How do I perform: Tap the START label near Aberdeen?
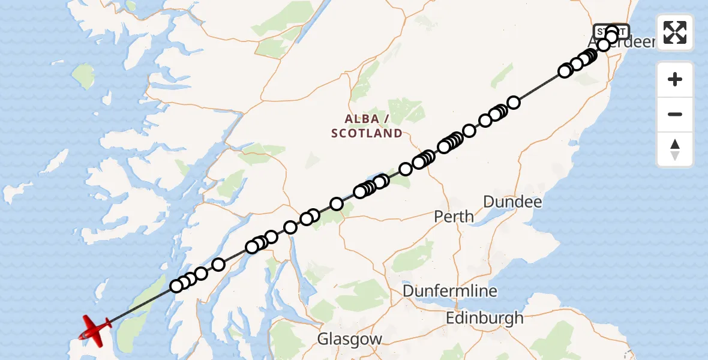(611, 31)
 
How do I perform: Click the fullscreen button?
(675, 32)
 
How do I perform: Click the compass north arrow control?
(675, 149)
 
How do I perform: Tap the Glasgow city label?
(350, 338)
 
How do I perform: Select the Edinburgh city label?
(484, 318)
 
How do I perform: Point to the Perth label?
(454, 216)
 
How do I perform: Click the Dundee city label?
(512, 202)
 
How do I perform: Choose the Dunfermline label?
(450, 291)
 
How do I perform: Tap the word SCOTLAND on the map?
(367, 133)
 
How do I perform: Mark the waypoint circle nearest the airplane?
(176, 286)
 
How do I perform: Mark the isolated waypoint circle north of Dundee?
(513, 103)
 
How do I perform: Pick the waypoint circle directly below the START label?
(611, 38)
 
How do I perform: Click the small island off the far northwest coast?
(84, 76)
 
